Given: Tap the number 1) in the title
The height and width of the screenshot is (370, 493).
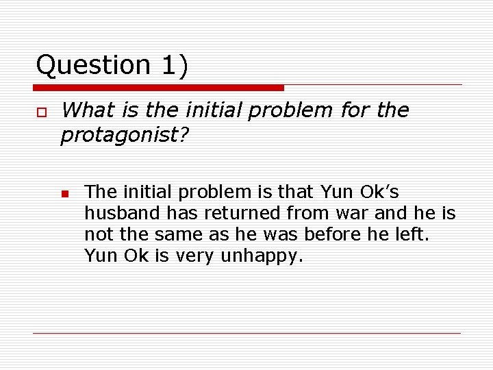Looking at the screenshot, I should tap(175, 66).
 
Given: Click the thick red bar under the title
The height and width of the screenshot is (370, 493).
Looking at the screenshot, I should tap(158, 88).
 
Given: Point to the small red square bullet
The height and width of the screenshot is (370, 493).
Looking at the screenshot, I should tap(64, 194).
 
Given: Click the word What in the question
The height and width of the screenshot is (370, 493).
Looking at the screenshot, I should tap(84, 110).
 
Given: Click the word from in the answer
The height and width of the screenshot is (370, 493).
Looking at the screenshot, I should tap(309, 214).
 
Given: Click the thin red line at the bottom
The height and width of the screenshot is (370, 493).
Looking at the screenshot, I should tap(246, 333).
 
